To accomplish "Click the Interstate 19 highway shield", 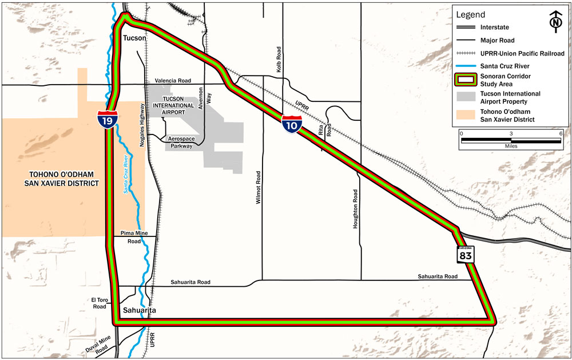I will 108,120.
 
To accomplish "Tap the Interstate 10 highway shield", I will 291,124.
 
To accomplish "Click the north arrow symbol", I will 554,20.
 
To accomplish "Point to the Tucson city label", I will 134,38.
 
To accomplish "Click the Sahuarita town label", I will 139,311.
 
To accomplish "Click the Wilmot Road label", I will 259,188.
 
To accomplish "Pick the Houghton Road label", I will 355,209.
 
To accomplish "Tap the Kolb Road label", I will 280,61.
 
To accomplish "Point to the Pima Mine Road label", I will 134,238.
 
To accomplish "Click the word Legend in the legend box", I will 470,15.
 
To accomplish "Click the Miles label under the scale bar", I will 510,146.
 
